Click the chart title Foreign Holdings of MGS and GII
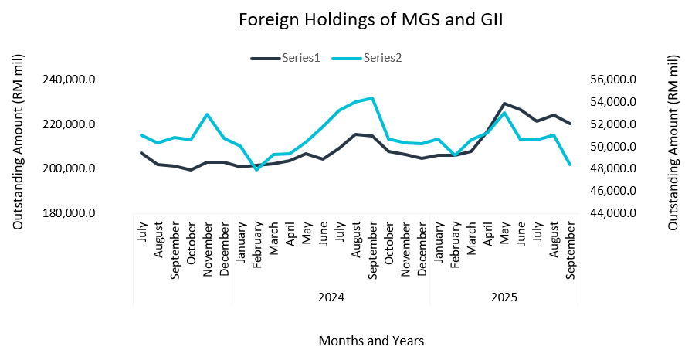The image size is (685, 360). [x=370, y=19]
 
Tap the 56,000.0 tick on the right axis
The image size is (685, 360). [x=610, y=80]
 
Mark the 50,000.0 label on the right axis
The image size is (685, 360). [x=610, y=147]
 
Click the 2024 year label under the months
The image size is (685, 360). [x=331, y=297]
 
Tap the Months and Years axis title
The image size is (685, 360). [x=371, y=340]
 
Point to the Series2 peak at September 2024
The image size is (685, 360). [x=372, y=98]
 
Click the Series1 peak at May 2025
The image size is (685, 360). [x=504, y=104]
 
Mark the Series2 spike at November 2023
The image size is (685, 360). [x=207, y=114]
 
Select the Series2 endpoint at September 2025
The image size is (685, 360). [x=570, y=165]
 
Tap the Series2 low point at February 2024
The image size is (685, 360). [x=256, y=169]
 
